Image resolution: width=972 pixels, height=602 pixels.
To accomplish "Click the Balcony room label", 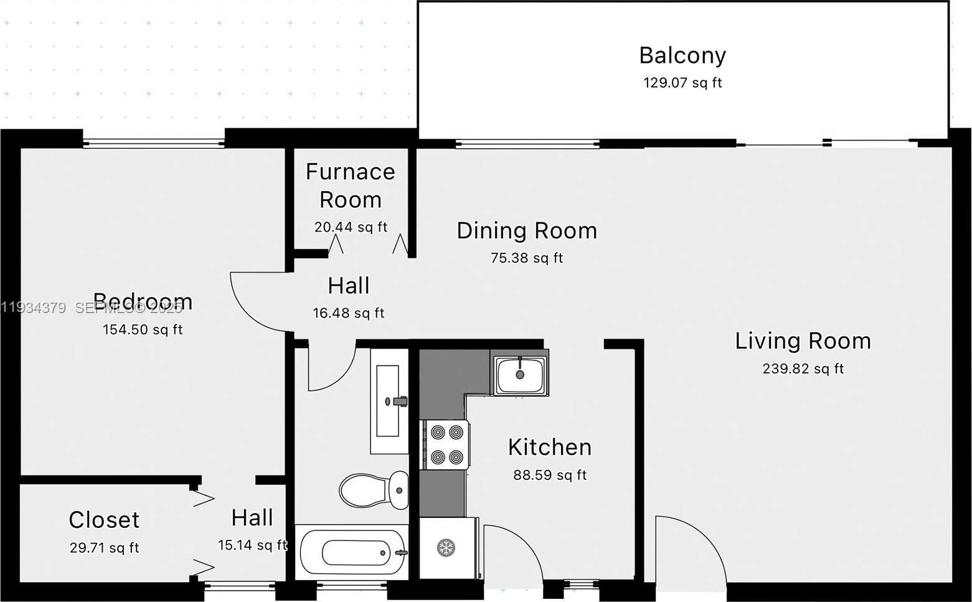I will click(x=682, y=55).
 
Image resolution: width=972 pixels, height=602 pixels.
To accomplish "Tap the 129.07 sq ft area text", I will click(x=682, y=83).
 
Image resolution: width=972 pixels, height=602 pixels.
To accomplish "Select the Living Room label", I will click(x=803, y=341).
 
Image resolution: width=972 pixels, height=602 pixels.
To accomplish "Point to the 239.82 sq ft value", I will click(x=803, y=369).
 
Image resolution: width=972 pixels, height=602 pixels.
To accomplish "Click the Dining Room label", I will click(x=527, y=231).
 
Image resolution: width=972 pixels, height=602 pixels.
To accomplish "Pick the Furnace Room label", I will click(x=350, y=186).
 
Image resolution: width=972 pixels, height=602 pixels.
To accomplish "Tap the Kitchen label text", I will click(x=549, y=448).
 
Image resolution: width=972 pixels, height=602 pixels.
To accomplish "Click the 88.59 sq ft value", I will click(x=549, y=475).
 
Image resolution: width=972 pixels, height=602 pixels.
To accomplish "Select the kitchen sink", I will click(x=520, y=374).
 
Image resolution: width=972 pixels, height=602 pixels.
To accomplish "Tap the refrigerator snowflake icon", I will click(x=446, y=548).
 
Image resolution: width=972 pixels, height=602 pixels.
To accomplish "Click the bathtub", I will click(x=352, y=552).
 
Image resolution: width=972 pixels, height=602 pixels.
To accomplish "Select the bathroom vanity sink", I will click(x=388, y=402).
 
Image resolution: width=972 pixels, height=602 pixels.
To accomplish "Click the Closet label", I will click(x=104, y=520).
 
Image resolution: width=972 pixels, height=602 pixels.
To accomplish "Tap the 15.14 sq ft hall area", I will click(x=252, y=545).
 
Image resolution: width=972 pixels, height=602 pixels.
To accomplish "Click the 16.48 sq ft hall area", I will click(x=348, y=313).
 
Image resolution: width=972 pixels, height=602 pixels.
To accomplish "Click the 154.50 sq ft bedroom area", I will click(x=143, y=330).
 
